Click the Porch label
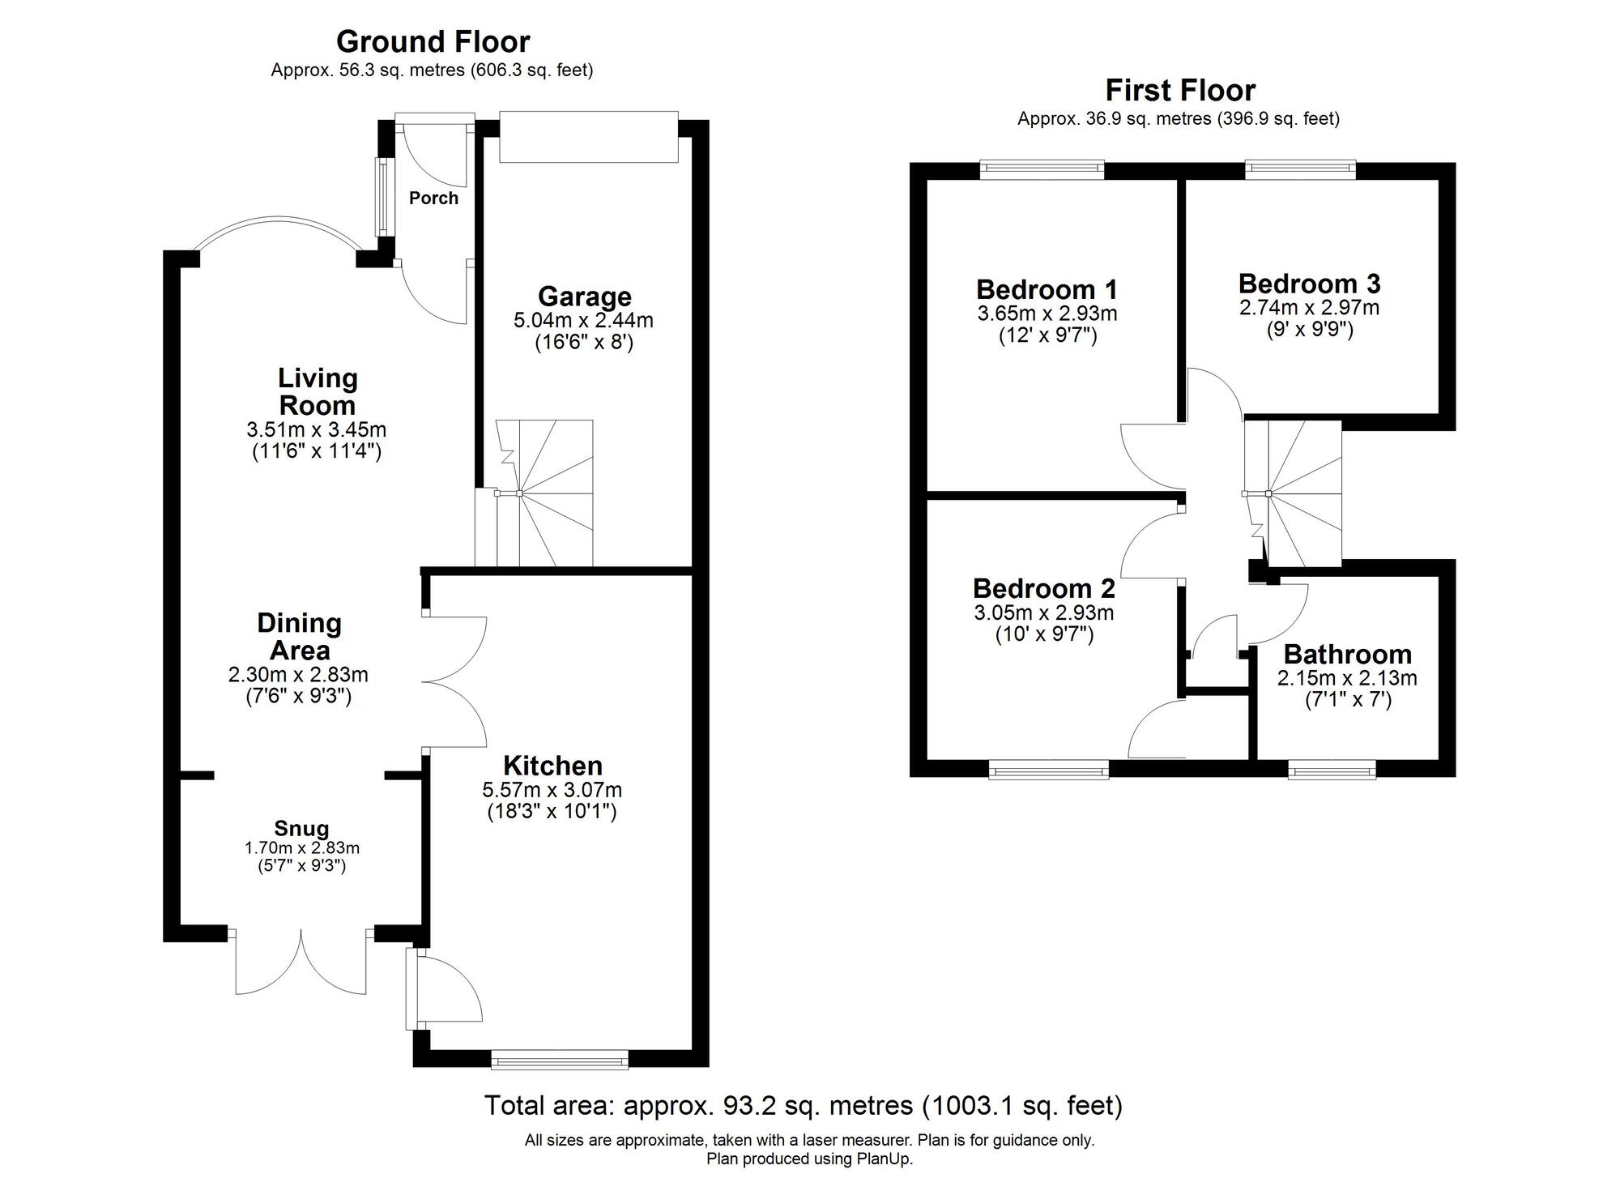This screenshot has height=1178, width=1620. click(x=433, y=198)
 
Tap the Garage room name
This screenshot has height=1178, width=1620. click(x=584, y=297)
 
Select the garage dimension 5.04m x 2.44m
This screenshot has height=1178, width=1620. click(x=583, y=320)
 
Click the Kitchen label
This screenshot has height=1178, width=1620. click(x=552, y=766)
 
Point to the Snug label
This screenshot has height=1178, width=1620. click(x=301, y=828)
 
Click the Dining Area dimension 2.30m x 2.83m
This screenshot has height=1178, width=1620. click(x=298, y=674)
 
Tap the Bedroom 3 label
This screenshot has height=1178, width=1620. click(x=1309, y=284)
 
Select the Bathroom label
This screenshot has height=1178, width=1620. click(x=1347, y=654)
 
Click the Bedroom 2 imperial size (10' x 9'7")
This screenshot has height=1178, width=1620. click(x=1044, y=634)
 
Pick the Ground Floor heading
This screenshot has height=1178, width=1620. click(x=433, y=41)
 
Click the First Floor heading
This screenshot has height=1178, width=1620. click(x=1179, y=90)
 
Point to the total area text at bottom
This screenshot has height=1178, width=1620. click(x=803, y=1105)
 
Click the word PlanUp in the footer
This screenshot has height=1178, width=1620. click(x=885, y=1159)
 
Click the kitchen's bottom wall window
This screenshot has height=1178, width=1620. click(x=560, y=1058)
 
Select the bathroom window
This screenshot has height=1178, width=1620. click(x=1332, y=768)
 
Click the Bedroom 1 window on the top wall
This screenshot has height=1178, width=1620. click(x=1042, y=169)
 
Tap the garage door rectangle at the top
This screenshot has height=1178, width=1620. click(x=588, y=138)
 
